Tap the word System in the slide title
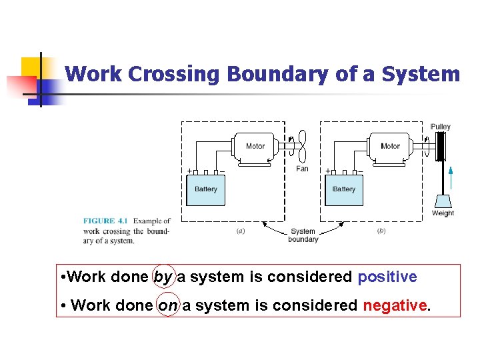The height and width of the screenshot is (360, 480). click(421, 74)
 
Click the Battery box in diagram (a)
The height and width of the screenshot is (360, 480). click(205, 190)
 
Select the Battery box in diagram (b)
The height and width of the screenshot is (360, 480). click(344, 190)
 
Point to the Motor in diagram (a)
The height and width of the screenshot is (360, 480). click(255, 147)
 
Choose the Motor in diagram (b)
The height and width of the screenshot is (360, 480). click(390, 147)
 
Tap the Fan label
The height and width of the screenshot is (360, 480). click(302, 169)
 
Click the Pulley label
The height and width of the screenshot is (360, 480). click(440, 127)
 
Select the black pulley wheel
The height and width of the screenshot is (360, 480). click(440, 147)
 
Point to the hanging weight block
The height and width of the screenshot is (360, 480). click(442, 201)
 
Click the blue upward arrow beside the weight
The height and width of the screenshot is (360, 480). click(451, 179)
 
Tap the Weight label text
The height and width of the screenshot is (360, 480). click(443, 213)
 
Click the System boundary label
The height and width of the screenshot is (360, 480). click(303, 235)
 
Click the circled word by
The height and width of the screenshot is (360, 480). click(163, 277)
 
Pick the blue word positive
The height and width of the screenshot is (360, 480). click(387, 277)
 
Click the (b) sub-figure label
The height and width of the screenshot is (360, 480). click(381, 231)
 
